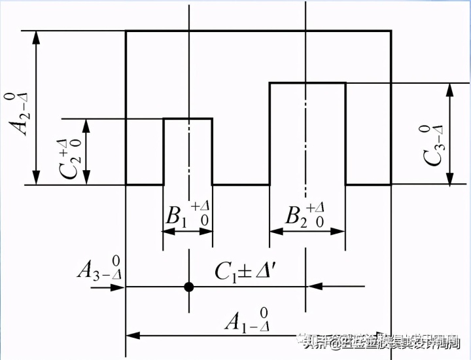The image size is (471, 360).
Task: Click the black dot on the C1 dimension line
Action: (188, 286)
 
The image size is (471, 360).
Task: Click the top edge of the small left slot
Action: (188, 118)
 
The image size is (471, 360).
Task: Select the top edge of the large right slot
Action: (307, 82)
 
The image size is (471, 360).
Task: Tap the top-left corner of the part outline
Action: (126, 31)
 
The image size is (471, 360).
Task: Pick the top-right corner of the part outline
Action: (391, 31)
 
